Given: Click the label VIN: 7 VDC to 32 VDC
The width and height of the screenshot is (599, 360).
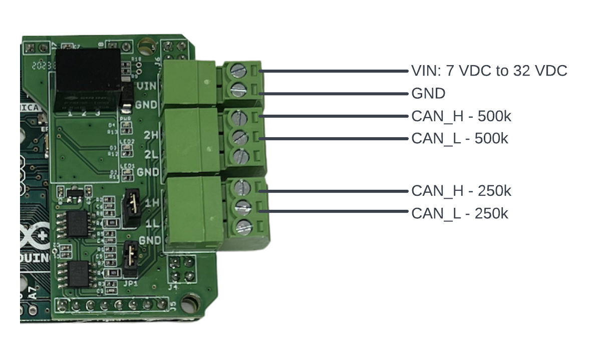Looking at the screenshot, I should [x=489, y=71].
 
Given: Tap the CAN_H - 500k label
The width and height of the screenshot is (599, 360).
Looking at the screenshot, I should [x=461, y=116].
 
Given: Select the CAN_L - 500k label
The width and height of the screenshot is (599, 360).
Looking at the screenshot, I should [x=459, y=138].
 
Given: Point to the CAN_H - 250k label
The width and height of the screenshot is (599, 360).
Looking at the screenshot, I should [x=461, y=191].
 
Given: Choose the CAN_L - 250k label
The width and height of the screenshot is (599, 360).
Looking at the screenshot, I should [x=459, y=213].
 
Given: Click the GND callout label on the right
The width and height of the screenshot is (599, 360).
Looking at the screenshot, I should [x=428, y=94].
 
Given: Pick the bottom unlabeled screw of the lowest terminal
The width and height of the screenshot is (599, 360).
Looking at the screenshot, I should [x=242, y=225].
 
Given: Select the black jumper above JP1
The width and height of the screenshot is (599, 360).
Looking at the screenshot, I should [x=132, y=257].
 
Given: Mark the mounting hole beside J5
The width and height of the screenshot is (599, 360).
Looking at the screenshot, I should [x=189, y=302].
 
